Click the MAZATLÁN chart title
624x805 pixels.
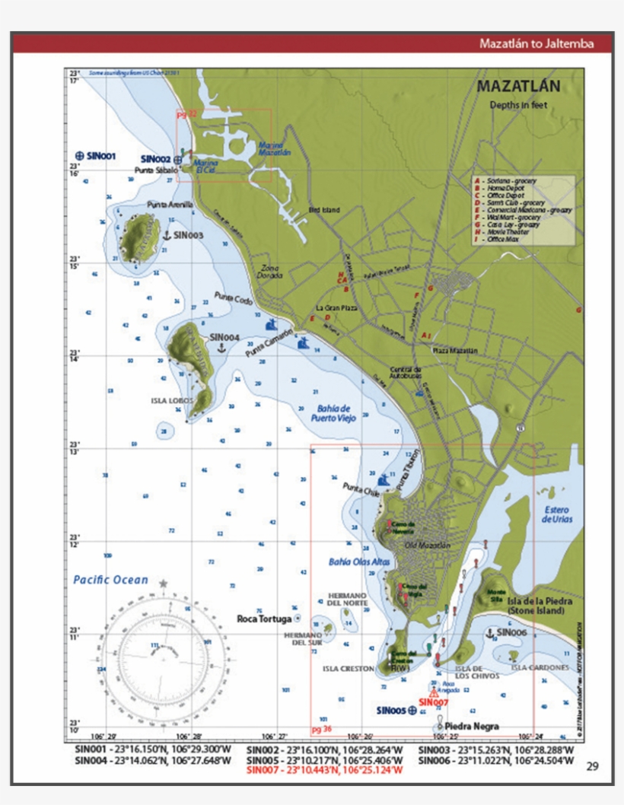517,87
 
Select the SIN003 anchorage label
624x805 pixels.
188,236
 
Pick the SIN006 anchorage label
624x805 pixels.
511,632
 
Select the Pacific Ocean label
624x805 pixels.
111,580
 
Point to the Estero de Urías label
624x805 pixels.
557,514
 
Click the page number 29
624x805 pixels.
593,766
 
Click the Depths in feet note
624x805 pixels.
518,105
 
